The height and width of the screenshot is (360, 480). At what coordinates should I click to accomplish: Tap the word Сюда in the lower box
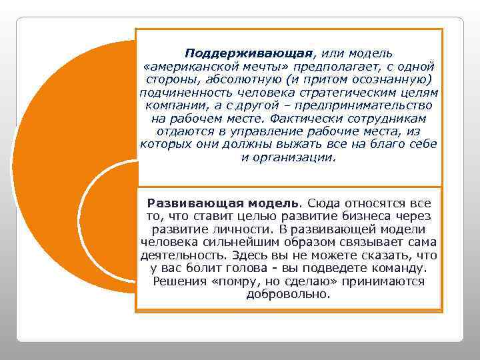point(327,203)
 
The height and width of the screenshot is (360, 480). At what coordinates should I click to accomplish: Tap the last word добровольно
point(288,294)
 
